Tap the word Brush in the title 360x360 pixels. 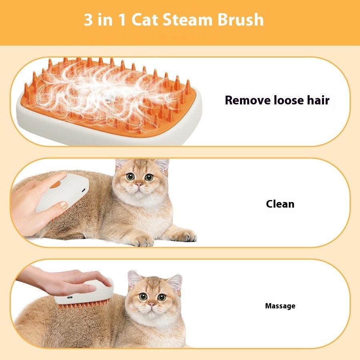pyautogui.click(x=241, y=20)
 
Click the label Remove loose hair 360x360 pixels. pyautogui.click(x=277, y=100)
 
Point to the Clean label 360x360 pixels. pyautogui.click(x=280, y=204)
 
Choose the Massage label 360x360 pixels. pyautogui.click(x=280, y=306)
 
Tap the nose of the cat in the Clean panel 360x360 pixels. pyautogui.click(x=139, y=184)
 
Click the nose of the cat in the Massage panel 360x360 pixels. pyautogui.click(x=152, y=304)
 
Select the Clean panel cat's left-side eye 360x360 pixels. pyautogui.click(x=130, y=176)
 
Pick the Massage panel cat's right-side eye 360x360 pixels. pyautogui.click(x=162, y=297)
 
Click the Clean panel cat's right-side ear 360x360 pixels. pyautogui.click(x=162, y=165)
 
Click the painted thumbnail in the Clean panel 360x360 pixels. pyautogui.click(x=63, y=205)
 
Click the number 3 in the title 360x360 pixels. pyautogui.click(x=88, y=20)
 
